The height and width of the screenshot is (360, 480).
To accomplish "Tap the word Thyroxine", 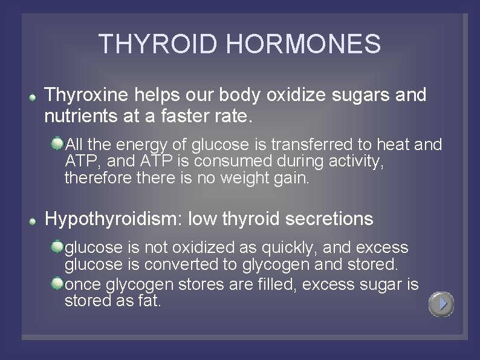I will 86,95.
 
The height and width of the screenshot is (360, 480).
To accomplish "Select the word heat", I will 391,145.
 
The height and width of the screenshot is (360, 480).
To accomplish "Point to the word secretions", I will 329,218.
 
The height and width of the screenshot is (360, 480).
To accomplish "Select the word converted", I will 180,265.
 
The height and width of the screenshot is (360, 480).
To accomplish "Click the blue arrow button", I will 441,304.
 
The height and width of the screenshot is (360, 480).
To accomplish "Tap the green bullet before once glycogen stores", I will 57,283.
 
